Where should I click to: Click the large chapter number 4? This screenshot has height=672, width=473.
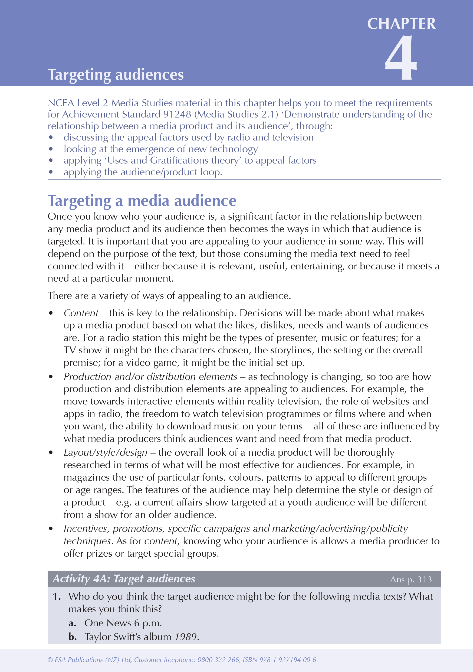point(400,58)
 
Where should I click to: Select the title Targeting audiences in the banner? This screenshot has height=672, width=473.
point(116,75)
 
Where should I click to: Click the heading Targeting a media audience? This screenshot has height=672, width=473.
point(142,201)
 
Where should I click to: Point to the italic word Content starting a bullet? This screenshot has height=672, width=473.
point(81,313)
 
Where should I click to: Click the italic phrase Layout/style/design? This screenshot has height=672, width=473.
point(105,452)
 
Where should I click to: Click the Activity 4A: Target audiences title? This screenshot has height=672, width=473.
point(124,579)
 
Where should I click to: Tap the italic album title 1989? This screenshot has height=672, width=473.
point(185,637)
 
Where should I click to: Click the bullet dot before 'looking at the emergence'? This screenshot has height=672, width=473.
point(51,149)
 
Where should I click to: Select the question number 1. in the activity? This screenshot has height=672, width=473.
point(57,596)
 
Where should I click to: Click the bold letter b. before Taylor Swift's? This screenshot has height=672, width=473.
point(73,637)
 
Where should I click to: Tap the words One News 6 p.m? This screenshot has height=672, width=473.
point(123,623)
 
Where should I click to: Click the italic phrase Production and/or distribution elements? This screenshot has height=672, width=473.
point(150,377)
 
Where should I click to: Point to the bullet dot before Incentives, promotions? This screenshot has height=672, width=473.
point(51,529)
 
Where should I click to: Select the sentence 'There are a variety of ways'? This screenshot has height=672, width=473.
point(169,296)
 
